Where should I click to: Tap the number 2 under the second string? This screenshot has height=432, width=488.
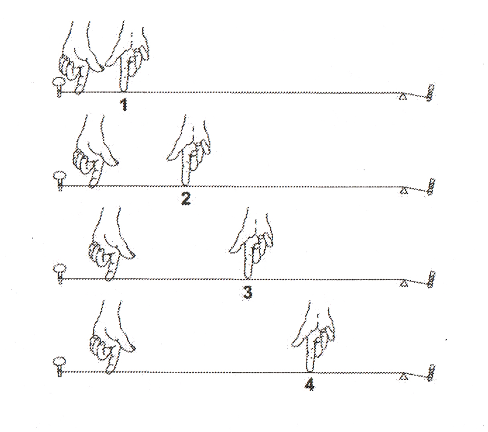(x=186, y=198)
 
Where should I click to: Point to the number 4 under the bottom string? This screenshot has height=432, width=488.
(x=310, y=385)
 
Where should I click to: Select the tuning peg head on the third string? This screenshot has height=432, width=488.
(x=60, y=268)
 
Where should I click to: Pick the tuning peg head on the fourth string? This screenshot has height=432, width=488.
(x=59, y=361)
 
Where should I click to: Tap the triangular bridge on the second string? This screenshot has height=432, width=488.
(x=404, y=190)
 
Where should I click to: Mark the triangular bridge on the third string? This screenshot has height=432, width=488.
(x=404, y=283)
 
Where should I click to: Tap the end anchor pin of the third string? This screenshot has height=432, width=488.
(x=431, y=279)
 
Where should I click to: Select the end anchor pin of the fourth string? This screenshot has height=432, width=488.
(x=431, y=373)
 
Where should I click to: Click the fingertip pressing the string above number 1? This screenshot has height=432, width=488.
(x=123, y=90)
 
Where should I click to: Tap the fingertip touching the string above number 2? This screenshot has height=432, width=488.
(x=185, y=183)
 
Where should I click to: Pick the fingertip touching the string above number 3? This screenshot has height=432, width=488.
(x=248, y=277)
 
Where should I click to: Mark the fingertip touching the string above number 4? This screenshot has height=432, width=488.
(x=310, y=369)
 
